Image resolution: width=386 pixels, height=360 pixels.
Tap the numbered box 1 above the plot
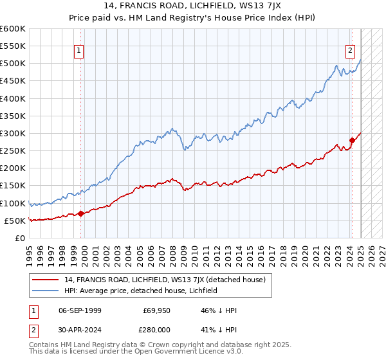click(x=78, y=51)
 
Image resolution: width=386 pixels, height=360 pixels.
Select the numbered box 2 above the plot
click(x=351, y=51)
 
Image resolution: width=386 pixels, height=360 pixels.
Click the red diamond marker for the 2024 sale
click(x=352, y=140)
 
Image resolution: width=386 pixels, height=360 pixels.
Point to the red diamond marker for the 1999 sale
click(x=80, y=213)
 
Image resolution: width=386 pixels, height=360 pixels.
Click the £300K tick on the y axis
click(x=13, y=133)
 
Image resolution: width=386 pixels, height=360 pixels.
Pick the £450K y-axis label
click(x=13, y=81)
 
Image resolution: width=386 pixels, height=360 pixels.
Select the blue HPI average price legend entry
click(x=141, y=291)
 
